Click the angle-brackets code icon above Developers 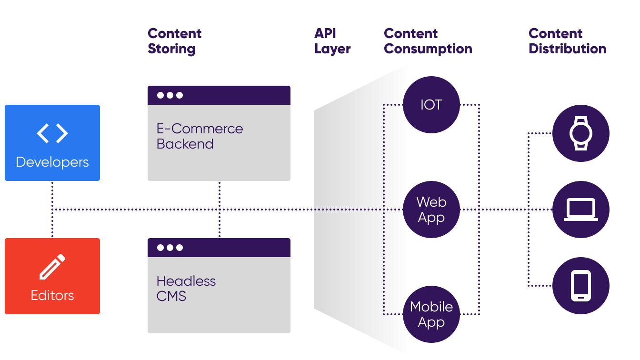point(52,133)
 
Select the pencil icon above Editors point(52,267)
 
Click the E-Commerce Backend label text point(200,136)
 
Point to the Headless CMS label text point(186,289)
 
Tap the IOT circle point(431,105)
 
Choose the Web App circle point(431,210)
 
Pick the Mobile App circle point(431,314)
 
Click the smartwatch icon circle point(581,133)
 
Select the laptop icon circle point(581,210)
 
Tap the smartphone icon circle point(581,286)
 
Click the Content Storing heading point(174,41)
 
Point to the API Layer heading point(332,41)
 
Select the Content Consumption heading point(428,41)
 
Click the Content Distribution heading point(567,41)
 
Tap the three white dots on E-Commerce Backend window point(170,95)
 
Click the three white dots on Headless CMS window point(170,248)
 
